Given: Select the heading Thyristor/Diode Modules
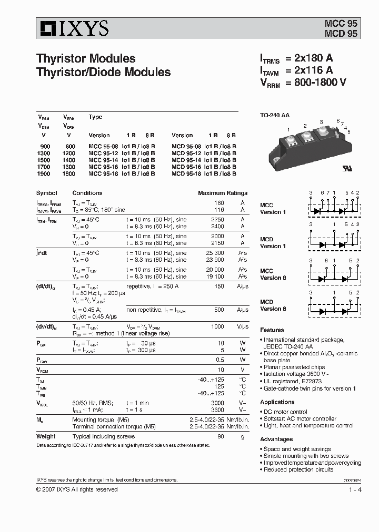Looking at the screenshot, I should [103, 73].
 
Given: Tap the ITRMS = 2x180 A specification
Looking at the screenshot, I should [297, 58].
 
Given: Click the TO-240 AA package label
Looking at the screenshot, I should [275, 115].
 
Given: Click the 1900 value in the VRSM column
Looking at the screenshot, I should [45, 173].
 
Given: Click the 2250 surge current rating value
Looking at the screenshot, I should [217, 219].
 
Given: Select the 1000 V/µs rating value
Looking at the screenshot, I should [217, 326].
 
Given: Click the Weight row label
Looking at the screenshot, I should [46, 436].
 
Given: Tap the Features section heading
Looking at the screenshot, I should [272, 330].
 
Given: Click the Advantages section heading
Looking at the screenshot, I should [276, 439].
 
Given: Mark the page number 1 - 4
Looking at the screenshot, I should [355, 489].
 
